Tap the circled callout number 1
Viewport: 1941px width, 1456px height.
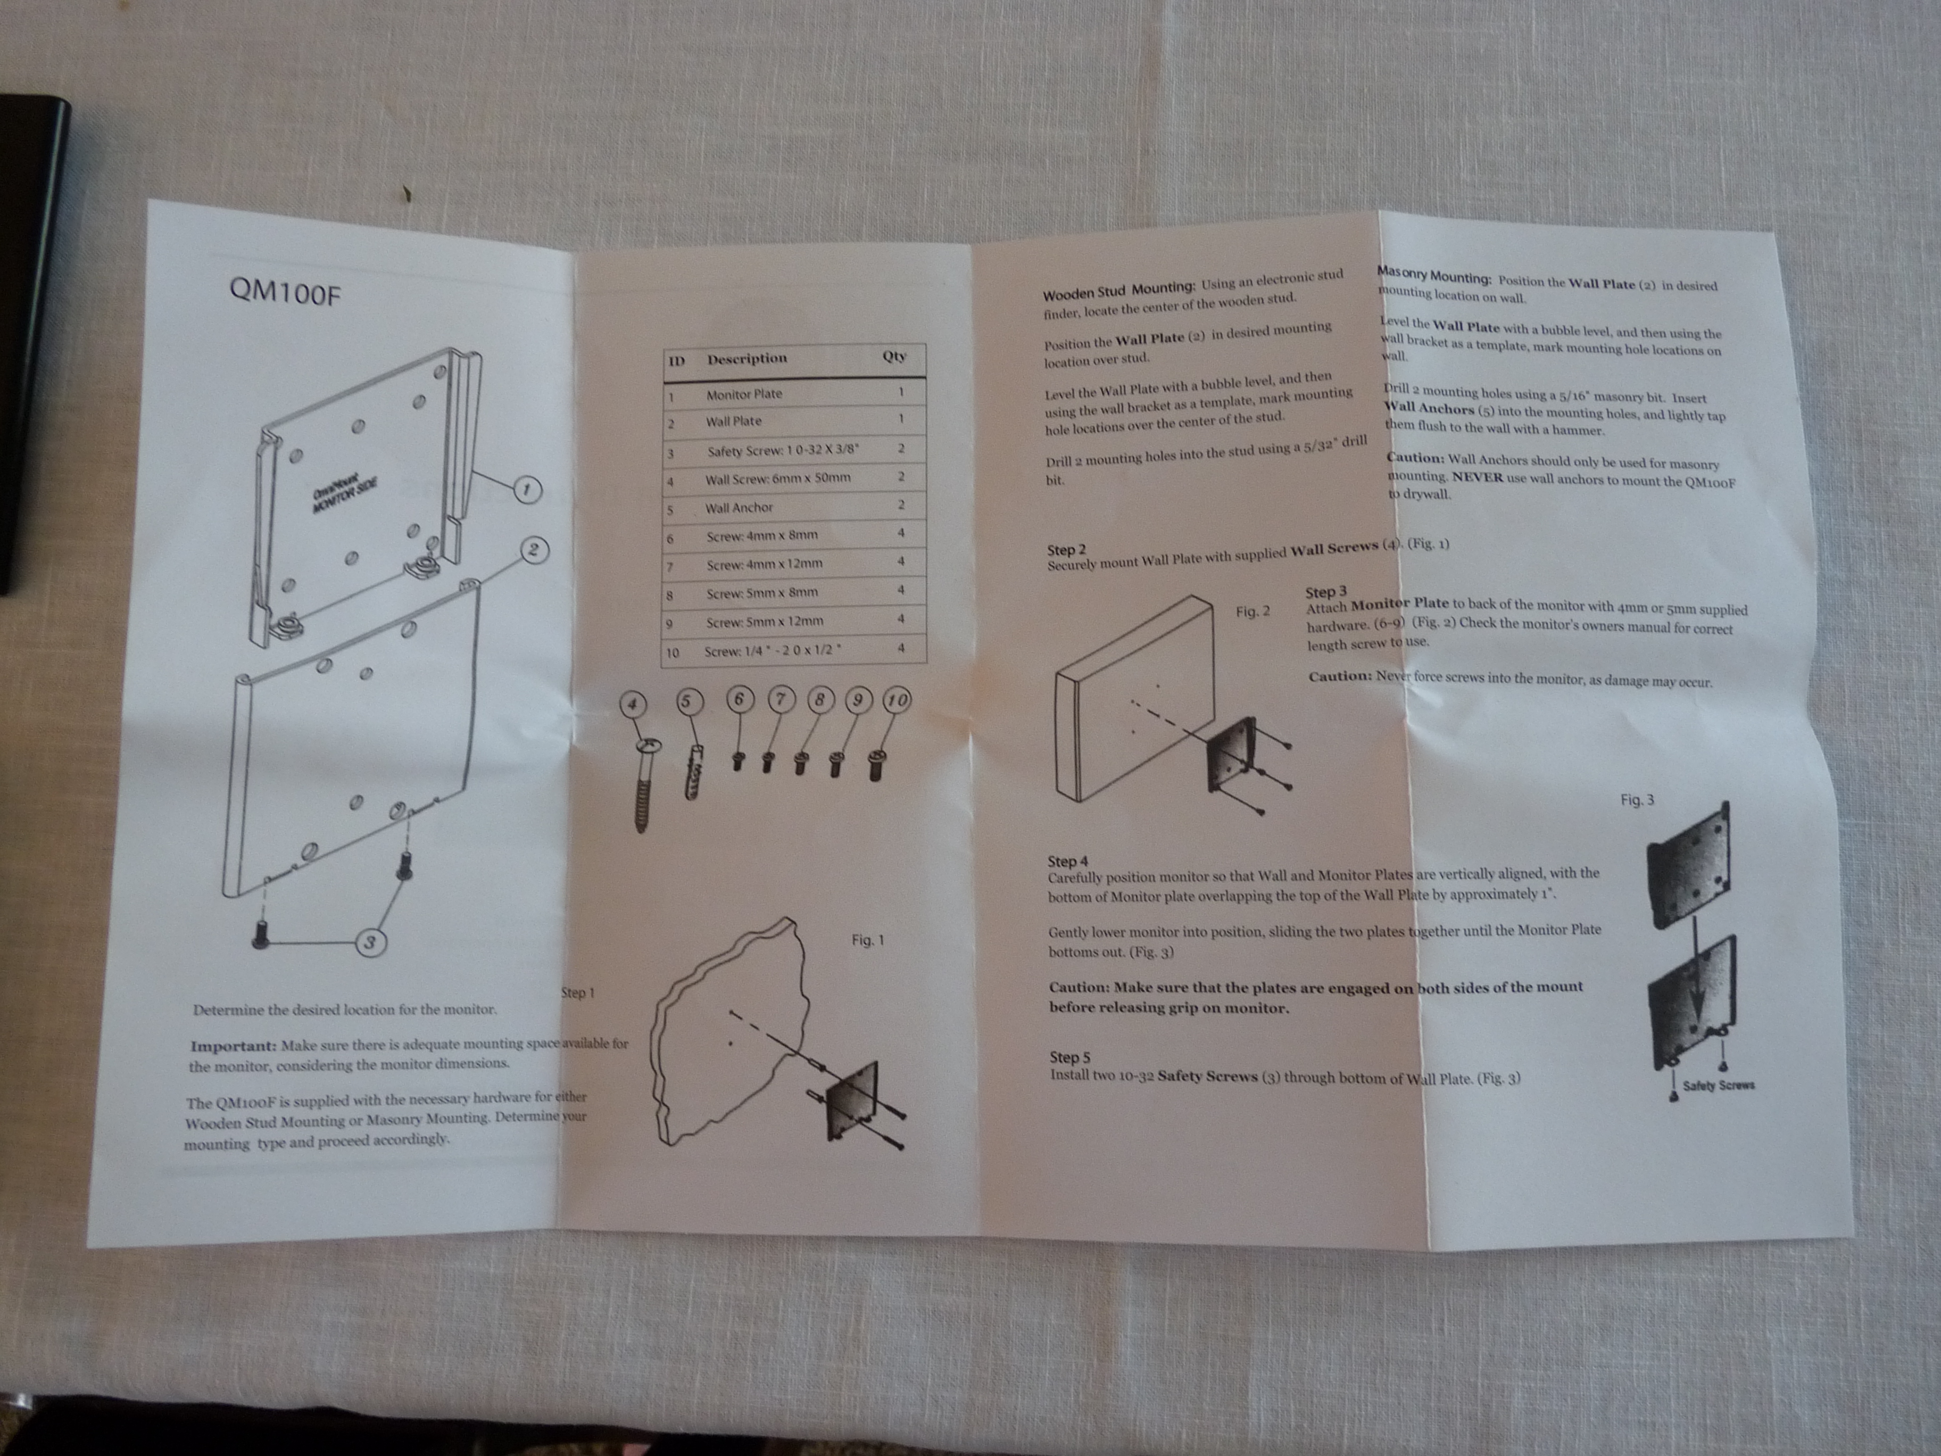pyautogui.click(x=526, y=490)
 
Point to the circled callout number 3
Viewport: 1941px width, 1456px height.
pyautogui.click(x=370, y=942)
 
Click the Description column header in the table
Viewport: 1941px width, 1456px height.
pyautogui.click(x=746, y=358)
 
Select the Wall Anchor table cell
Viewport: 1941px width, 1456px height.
pyautogui.click(x=739, y=507)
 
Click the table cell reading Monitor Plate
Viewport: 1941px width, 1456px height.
pyautogui.click(x=744, y=394)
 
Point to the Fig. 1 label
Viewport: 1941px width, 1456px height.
pyautogui.click(x=868, y=940)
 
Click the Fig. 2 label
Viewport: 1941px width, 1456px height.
pyautogui.click(x=1252, y=611)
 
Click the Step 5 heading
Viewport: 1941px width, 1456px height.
pyautogui.click(x=1069, y=1057)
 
